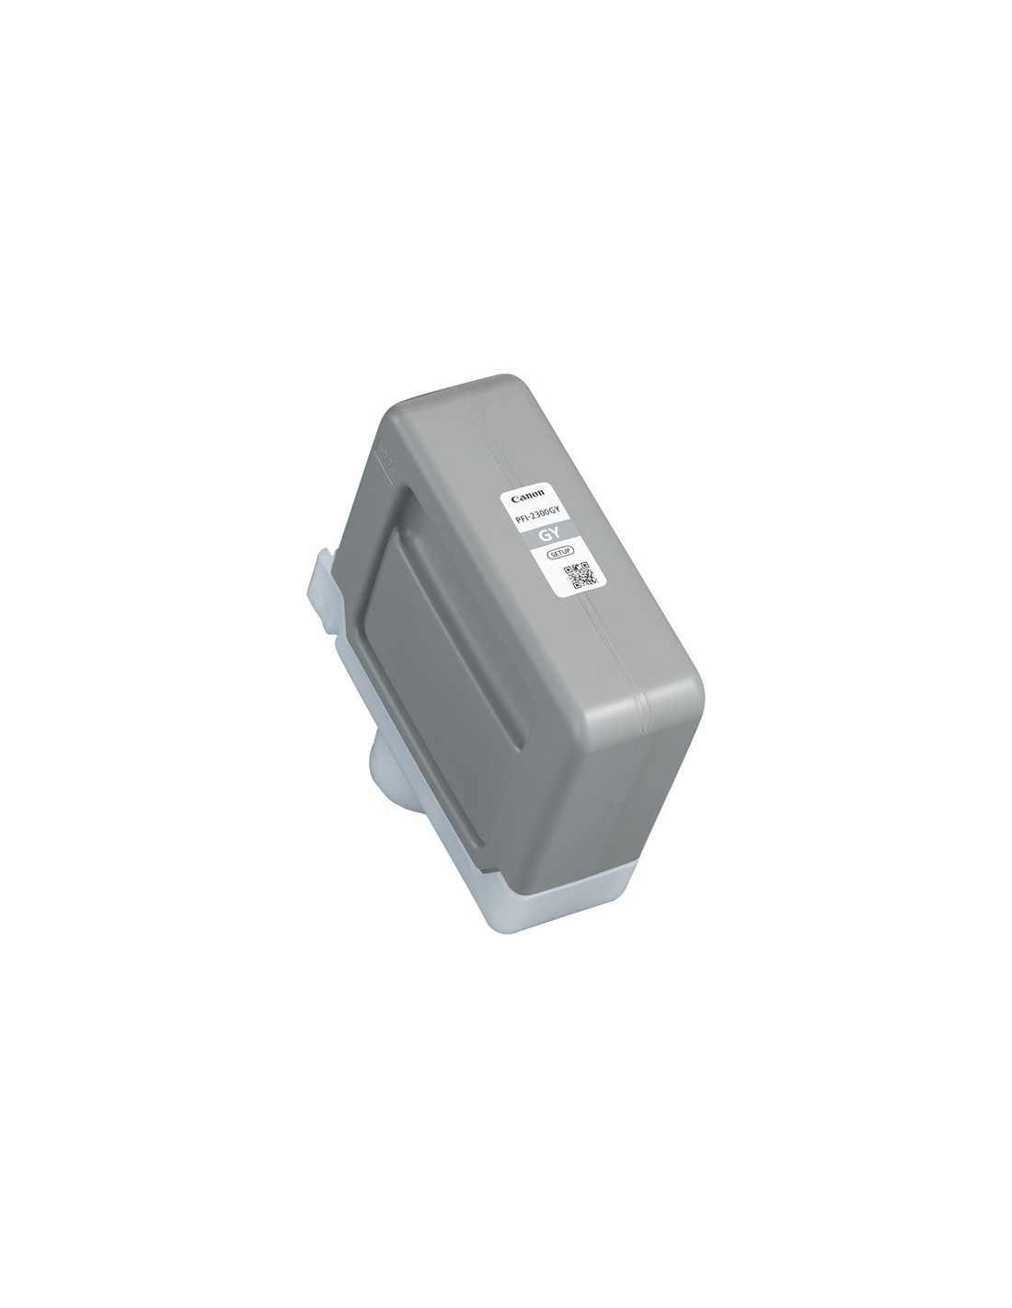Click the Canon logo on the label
tap(527, 497)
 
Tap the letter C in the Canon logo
tap(515, 499)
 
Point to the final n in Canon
tap(540, 494)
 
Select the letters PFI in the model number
tap(521, 520)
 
